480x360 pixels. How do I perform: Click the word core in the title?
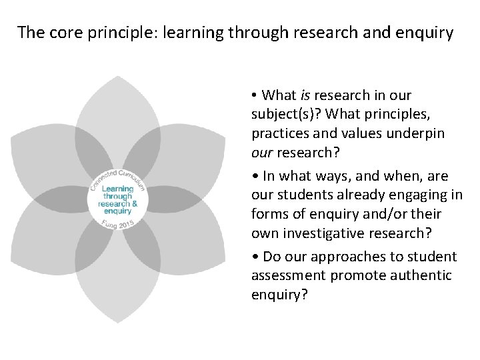[x=58, y=32]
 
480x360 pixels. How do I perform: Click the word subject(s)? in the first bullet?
[x=287, y=115]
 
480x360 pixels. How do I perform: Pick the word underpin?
[x=418, y=133]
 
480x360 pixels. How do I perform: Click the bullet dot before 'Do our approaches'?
[x=255, y=257]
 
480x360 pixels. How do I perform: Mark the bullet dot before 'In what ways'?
[x=255, y=177]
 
